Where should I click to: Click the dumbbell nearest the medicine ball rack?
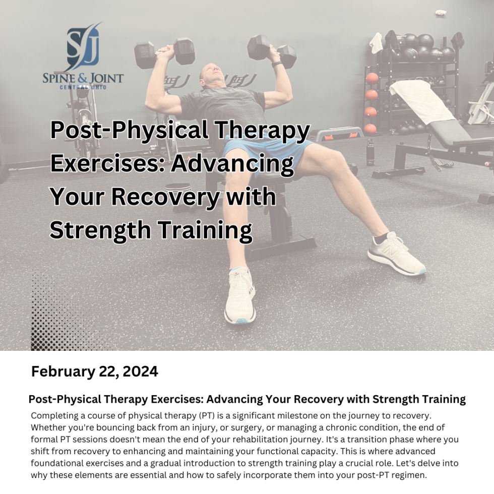click(272, 51)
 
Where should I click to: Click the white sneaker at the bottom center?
click(240, 295)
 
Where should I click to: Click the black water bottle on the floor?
click(371, 152)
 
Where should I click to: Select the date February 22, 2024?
click(95, 372)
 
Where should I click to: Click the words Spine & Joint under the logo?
click(83, 79)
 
